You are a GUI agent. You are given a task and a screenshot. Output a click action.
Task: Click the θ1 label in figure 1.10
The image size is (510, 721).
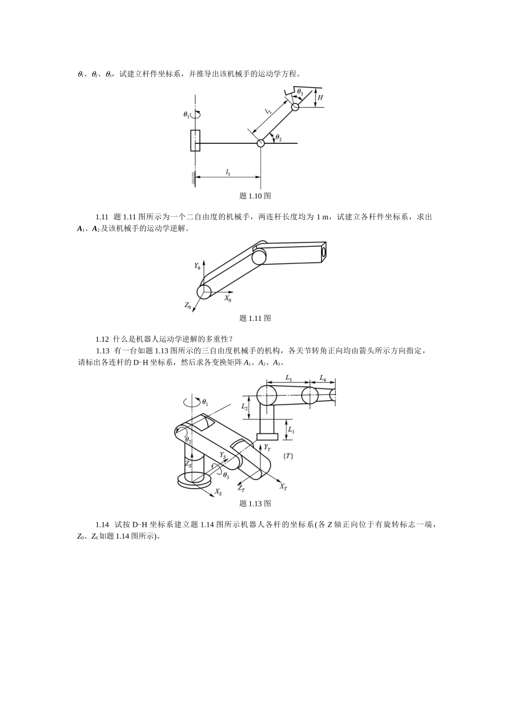coord(186,114)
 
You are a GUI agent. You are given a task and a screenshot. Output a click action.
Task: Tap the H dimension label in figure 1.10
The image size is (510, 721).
coord(320,98)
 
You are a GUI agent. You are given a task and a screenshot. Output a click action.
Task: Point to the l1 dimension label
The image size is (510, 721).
coord(228,172)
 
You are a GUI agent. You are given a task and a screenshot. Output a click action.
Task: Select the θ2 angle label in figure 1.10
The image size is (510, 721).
coord(278,138)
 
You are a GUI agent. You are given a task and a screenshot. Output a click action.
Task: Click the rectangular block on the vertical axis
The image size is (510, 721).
coord(195,140)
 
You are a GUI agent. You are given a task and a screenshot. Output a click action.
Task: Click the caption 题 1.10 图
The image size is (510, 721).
coord(255,196)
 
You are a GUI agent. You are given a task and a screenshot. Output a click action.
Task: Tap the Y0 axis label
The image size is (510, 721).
coord(197,266)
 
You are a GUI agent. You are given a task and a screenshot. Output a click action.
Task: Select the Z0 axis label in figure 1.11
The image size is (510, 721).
coord(188,305)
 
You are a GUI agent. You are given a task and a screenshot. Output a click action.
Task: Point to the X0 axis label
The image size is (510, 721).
coord(228,298)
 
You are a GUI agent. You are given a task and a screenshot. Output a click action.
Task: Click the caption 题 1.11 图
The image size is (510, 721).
coord(255,318)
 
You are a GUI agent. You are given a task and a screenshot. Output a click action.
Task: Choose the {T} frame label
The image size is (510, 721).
coord(288,455)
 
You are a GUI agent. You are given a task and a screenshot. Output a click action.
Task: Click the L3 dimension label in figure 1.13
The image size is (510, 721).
coord(289,379)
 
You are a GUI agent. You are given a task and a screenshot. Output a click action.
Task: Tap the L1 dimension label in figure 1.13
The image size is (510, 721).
coord(291,430)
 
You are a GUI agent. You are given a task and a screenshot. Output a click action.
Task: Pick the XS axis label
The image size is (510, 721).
coord(218,491)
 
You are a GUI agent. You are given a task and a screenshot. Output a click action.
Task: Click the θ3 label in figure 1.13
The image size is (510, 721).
coord(225,476)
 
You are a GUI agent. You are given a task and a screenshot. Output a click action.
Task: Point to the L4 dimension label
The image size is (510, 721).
coord(323,379)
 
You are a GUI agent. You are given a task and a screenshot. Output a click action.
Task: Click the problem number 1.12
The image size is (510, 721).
coord(103,339)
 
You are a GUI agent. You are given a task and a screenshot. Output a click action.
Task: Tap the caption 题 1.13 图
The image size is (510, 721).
coord(255,503)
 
